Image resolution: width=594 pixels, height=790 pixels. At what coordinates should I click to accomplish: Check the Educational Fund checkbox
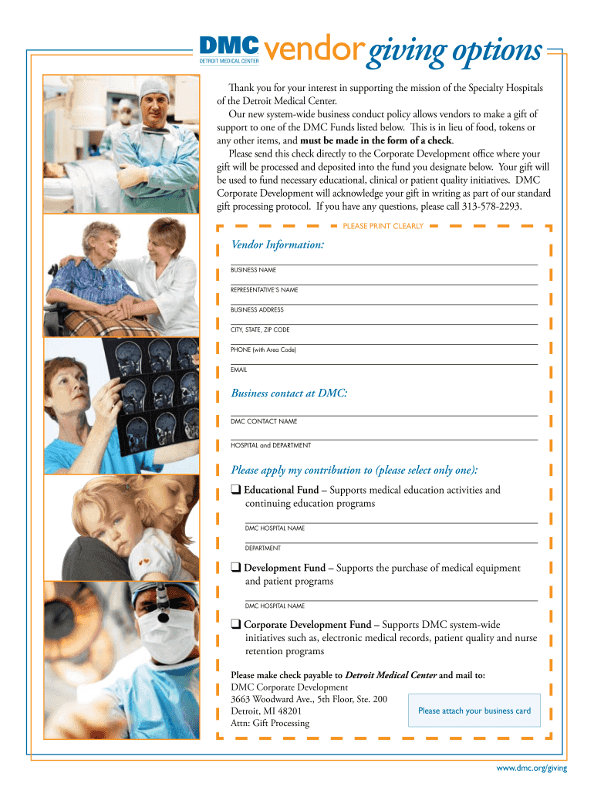(x=235, y=490)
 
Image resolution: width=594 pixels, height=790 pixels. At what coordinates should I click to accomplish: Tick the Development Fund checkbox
(x=235, y=568)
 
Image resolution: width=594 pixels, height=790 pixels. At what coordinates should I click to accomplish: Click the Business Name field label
(x=254, y=270)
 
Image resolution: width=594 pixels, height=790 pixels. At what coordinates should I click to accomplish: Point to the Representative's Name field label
(x=264, y=290)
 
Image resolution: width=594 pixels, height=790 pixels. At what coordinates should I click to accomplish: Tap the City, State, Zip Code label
(x=260, y=330)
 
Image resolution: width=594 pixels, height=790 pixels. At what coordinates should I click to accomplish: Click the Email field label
(x=239, y=370)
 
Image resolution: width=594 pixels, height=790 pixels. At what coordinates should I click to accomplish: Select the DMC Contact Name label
(x=264, y=422)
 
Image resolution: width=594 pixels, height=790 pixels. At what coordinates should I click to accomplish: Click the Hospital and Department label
(x=271, y=445)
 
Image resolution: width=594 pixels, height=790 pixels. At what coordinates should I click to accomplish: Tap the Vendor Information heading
(x=278, y=245)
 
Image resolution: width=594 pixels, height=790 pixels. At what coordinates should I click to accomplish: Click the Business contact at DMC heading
(x=289, y=393)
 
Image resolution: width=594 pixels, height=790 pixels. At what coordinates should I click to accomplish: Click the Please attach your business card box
(x=474, y=711)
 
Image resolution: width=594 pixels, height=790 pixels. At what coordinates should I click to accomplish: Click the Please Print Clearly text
(x=383, y=226)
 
